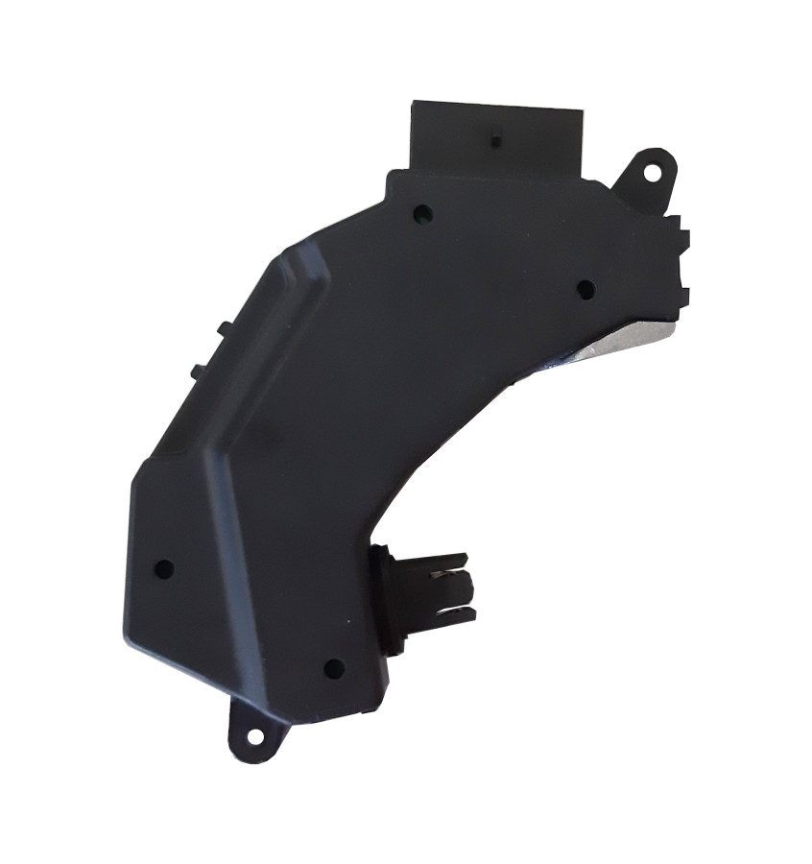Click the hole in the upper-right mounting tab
652,174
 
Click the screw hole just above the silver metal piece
585,288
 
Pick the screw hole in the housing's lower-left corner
163,568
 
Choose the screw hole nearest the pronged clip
333,668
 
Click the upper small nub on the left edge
223,328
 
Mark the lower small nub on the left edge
196,370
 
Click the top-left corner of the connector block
414,104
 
